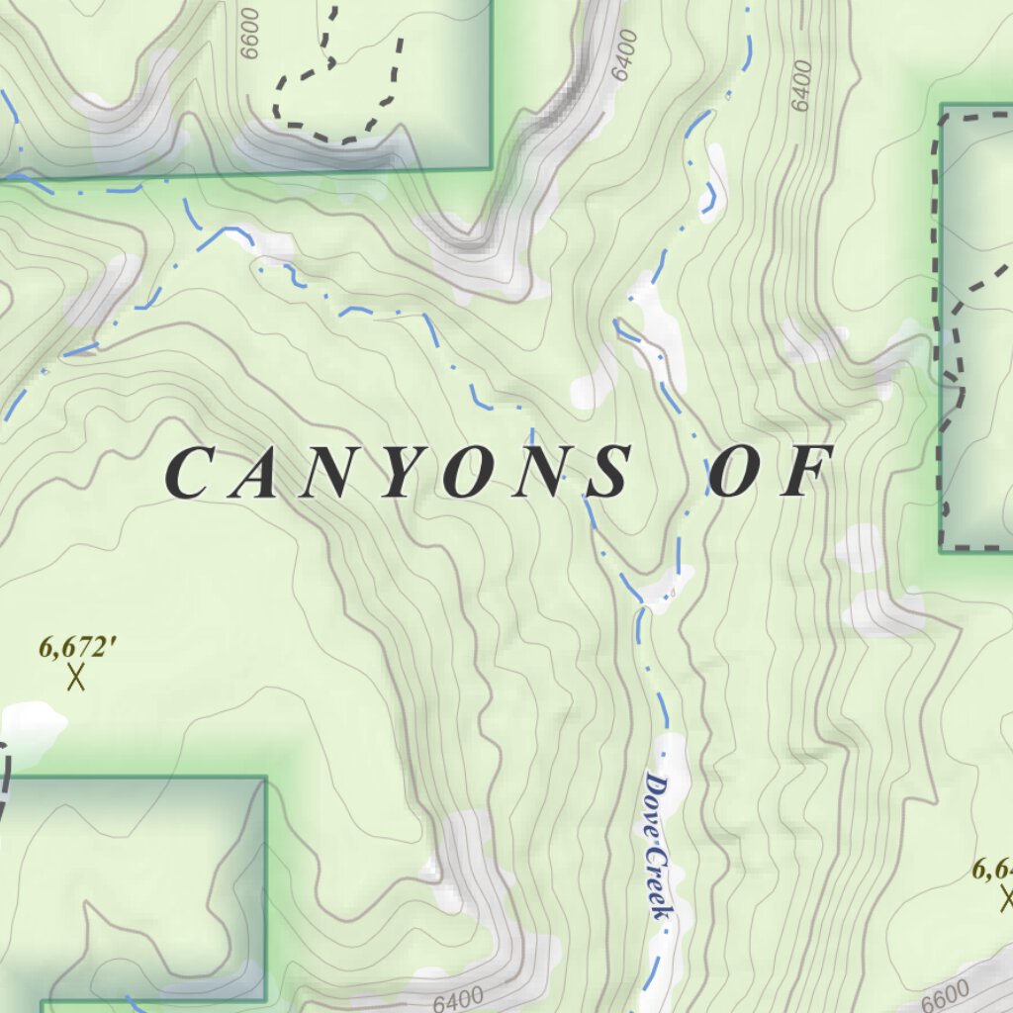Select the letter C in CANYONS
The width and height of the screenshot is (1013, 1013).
coord(189,472)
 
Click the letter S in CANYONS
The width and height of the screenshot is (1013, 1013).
coord(605,472)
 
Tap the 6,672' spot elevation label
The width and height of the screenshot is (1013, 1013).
coord(78,647)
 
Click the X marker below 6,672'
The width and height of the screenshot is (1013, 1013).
coord(76,679)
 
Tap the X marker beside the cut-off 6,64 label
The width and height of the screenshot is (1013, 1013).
coord(1007,899)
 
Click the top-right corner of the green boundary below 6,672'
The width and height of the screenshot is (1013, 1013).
coord(266,779)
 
